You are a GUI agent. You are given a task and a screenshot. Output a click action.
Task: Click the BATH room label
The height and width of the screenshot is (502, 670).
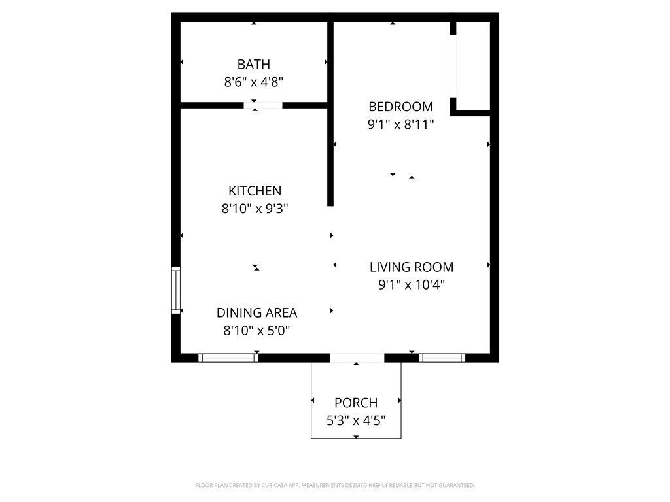[x=254, y=65]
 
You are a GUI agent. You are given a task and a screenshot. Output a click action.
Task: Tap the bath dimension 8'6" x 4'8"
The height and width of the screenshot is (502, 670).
[x=254, y=82]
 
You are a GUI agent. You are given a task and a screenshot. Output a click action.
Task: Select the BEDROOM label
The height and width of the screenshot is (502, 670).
[x=401, y=107]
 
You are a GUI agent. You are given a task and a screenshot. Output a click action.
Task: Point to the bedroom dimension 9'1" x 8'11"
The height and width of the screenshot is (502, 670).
[x=401, y=124]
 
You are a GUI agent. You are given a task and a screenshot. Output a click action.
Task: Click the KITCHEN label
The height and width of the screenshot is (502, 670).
[x=255, y=190]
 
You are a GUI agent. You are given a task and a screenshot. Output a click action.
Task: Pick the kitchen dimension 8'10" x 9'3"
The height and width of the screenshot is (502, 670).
[x=255, y=209]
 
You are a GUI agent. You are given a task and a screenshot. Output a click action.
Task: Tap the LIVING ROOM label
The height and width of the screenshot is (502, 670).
[x=412, y=267]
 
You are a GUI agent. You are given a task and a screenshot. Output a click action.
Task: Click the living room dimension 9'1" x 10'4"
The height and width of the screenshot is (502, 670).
[x=412, y=284]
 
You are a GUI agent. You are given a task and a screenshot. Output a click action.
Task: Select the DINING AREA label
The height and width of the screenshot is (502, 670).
[x=256, y=313]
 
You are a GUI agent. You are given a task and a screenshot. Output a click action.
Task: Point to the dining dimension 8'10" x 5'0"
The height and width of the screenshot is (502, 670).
[x=256, y=330]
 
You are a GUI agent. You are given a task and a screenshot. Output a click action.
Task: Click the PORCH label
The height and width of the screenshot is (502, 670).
[x=356, y=403]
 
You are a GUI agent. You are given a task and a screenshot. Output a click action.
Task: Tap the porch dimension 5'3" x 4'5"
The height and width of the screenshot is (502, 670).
[x=356, y=420]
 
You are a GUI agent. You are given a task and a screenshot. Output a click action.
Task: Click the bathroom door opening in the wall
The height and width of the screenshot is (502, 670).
[x=263, y=105]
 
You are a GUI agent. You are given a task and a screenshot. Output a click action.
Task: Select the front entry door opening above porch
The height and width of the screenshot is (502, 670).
[x=357, y=358]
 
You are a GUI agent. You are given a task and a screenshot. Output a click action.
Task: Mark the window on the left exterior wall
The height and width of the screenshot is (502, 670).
[x=176, y=290]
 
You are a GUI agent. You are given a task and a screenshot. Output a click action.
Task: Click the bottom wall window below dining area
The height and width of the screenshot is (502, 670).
[x=228, y=358]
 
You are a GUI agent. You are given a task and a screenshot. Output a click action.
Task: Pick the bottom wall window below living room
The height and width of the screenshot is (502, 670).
[x=442, y=358]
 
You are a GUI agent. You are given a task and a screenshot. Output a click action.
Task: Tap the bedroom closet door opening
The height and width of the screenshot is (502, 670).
[x=453, y=66]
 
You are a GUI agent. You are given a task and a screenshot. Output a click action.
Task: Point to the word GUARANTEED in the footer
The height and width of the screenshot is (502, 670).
[x=457, y=486]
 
